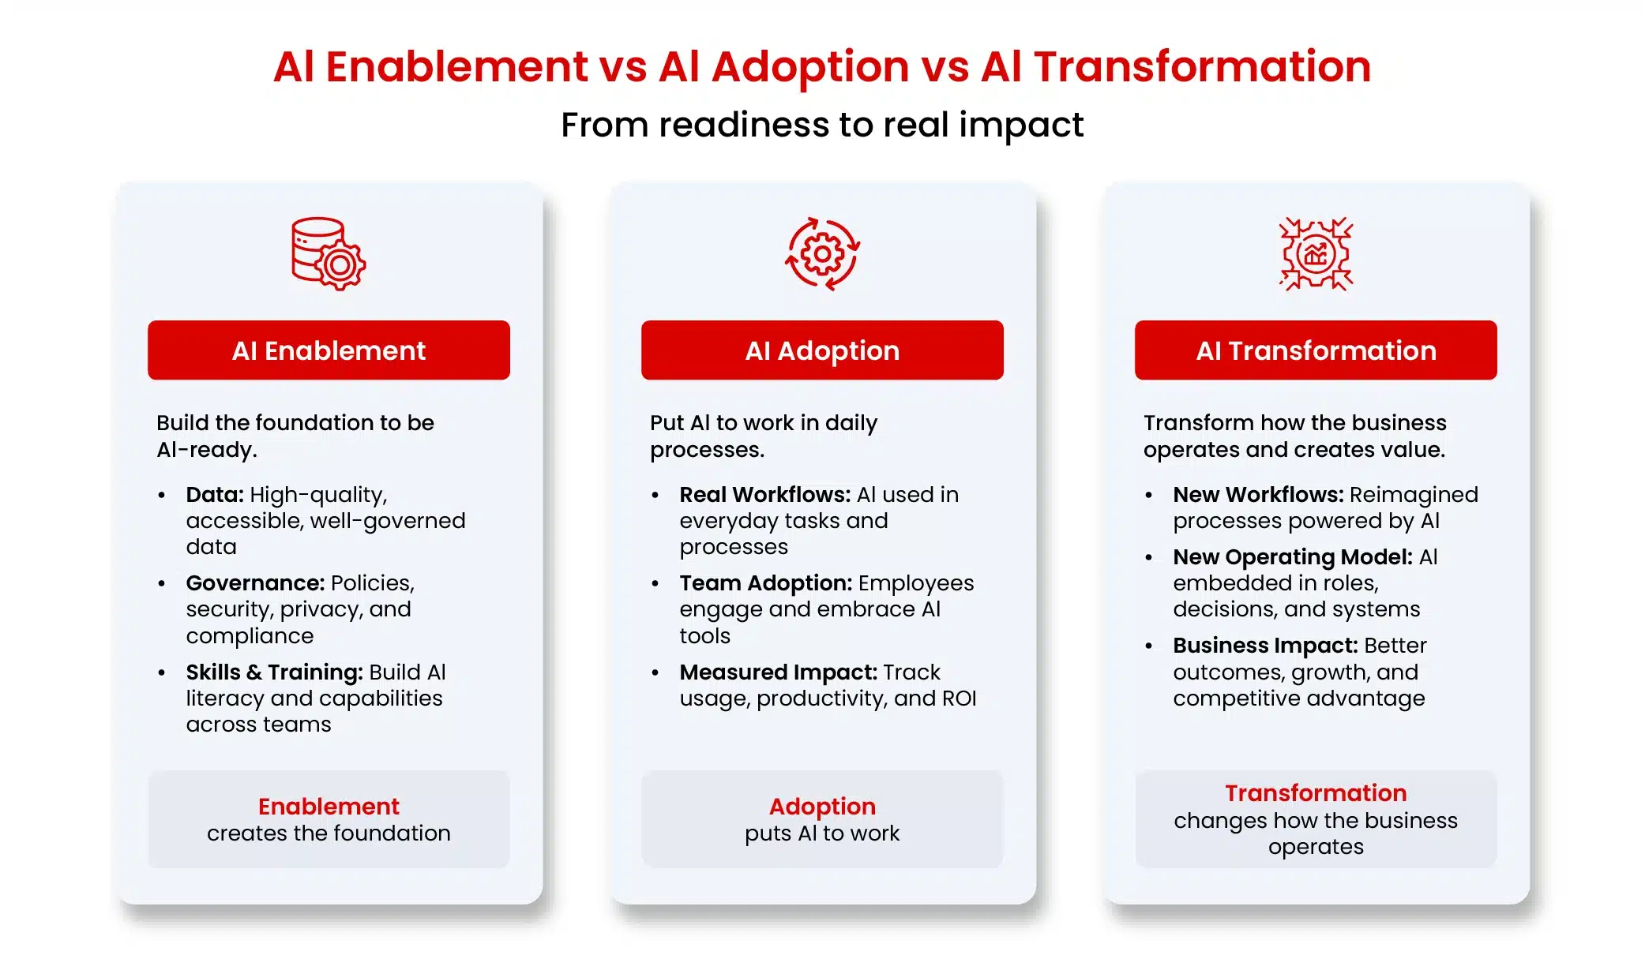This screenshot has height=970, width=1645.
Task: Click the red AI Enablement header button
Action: [x=329, y=350]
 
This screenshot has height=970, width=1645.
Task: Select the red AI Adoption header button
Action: [x=822, y=350]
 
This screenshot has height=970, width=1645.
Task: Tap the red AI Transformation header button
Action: [x=1316, y=350]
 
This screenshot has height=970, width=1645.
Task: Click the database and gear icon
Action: [x=329, y=253]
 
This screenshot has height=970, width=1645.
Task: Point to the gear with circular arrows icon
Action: [x=822, y=253]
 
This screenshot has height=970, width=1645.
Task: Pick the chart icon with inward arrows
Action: [x=1316, y=253]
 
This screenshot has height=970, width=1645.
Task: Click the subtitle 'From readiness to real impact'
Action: [x=822, y=125]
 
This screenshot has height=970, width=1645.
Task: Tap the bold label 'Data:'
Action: [x=215, y=495]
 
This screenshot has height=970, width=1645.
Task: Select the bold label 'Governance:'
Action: [x=255, y=583]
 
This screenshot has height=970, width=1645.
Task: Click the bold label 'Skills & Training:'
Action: [x=274, y=672]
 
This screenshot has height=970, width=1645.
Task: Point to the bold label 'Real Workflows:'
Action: [x=764, y=495]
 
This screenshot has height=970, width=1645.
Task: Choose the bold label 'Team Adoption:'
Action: [x=766, y=583]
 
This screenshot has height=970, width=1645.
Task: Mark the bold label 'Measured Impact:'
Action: [x=778, y=672]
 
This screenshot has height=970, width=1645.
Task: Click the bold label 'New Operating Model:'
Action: [x=1292, y=557]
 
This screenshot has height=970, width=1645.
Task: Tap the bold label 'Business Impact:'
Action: [x=1265, y=646]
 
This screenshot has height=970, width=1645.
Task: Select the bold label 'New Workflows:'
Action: [x=1258, y=495]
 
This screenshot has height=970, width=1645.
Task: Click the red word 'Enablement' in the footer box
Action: [x=329, y=807]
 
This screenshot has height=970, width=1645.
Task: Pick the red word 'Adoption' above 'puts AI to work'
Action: [x=822, y=807]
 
